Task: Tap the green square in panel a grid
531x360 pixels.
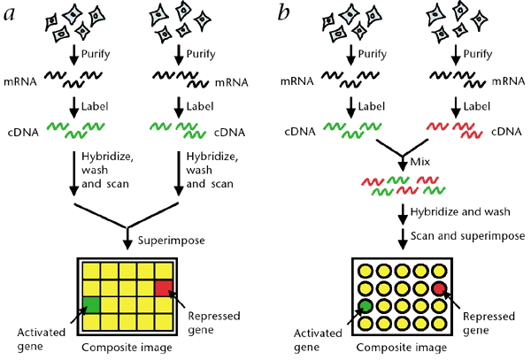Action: click(x=91, y=304)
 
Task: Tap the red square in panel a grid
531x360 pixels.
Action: click(x=165, y=287)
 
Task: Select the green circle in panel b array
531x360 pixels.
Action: click(x=366, y=307)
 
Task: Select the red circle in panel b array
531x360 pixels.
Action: click(x=439, y=289)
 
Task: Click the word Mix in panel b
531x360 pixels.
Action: click(x=419, y=164)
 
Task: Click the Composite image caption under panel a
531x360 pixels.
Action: click(x=127, y=348)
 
